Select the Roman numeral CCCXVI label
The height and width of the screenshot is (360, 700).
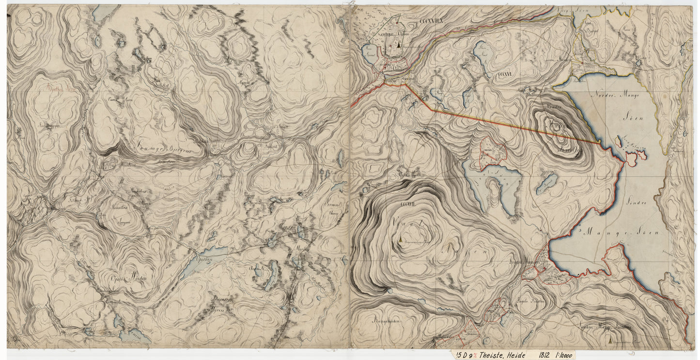(x=504, y=75)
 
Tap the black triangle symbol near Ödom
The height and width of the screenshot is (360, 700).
(x=398, y=42)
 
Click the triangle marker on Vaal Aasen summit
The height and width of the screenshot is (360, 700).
(x=400, y=239)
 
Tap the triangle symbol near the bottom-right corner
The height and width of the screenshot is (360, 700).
(x=609, y=342)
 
